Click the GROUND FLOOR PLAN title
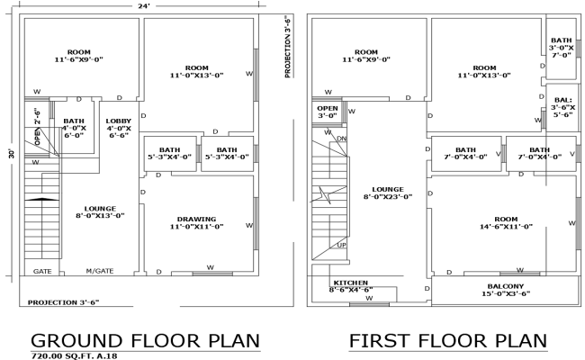(146, 341)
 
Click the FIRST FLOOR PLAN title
(448, 341)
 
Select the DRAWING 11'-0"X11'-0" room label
(196, 221)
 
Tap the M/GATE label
(100, 271)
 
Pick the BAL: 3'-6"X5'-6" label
(562, 107)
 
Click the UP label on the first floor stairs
(341, 245)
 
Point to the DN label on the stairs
(341, 139)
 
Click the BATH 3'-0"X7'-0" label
(562, 47)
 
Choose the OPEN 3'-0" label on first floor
(327, 111)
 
